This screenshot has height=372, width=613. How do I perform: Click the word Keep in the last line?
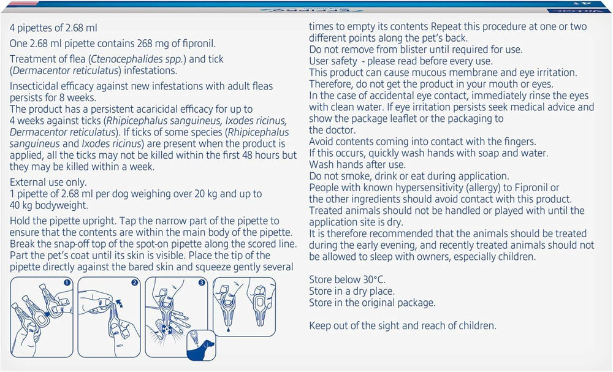point(319,326)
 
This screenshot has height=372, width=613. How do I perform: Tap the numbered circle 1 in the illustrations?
point(67,283)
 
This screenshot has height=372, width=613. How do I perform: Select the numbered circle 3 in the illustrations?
point(202,283)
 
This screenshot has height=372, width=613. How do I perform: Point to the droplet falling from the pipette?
point(228,330)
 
